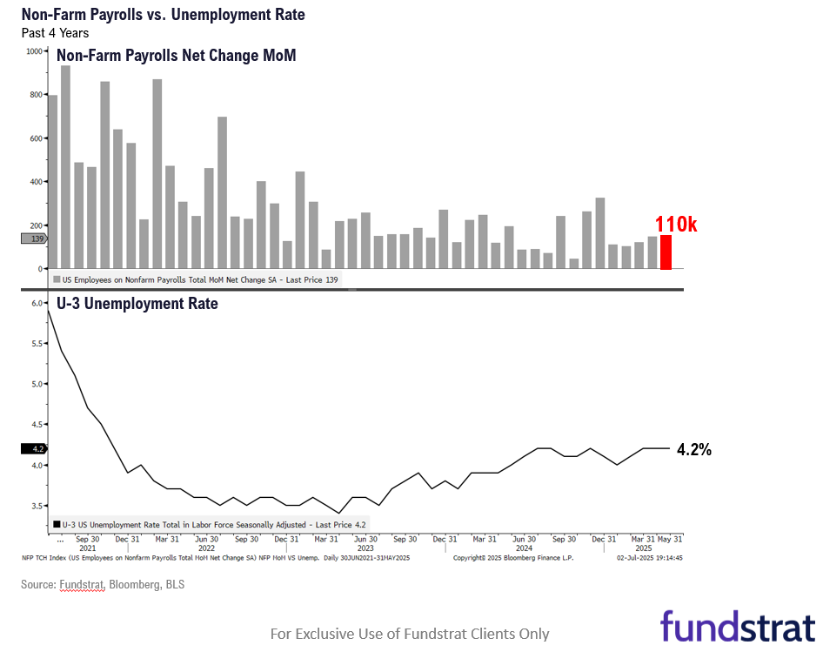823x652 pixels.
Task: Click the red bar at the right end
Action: click(666, 252)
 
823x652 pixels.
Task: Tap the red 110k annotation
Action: click(676, 225)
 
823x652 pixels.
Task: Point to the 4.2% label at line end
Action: click(694, 449)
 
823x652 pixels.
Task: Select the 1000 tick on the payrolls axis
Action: click(35, 51)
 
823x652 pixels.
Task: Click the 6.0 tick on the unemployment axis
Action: click(37, 303)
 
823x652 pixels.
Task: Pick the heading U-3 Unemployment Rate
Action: click(137, 304)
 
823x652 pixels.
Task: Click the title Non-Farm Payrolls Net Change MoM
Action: click(176, 56)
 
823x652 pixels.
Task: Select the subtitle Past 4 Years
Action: click(55, 33)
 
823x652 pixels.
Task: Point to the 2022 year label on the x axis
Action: click(206, 548)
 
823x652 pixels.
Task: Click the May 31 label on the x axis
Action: click(669, 539)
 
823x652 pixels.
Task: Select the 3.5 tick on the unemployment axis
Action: click(37, 506)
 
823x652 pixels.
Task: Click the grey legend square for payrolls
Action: click(57, 279)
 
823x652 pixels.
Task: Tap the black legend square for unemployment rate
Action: click(57, 525)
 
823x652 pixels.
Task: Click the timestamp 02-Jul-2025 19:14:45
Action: click(650, 557)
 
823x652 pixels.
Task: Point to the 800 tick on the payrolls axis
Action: click(36, 95)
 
